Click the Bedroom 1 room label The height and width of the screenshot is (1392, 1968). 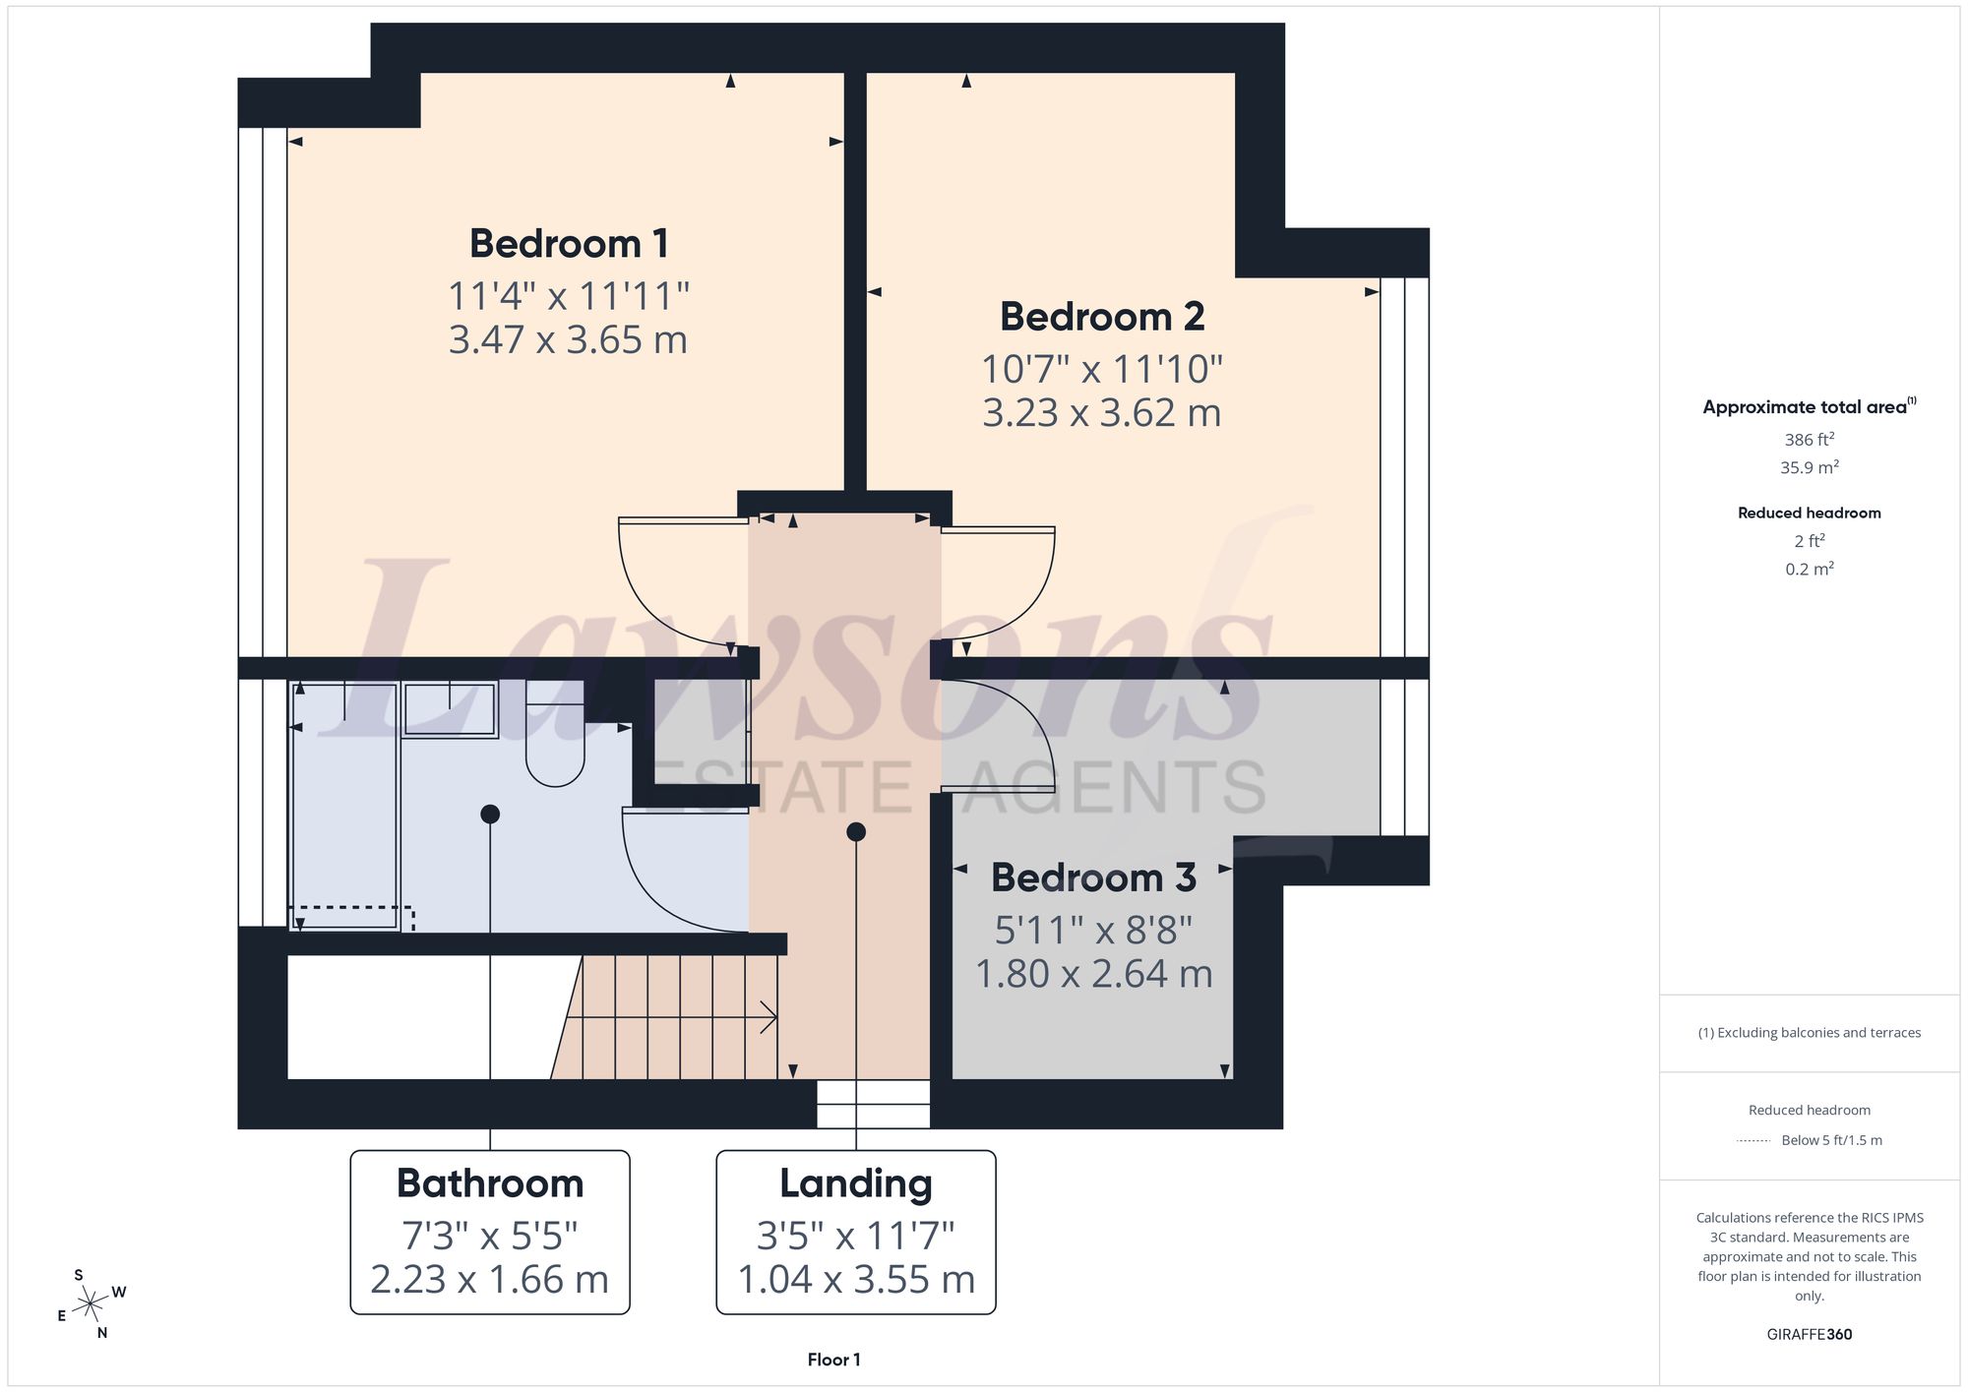click(569, 243)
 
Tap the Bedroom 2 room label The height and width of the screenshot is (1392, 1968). click(1102, 316)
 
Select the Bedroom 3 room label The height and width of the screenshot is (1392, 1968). click(1093, 877)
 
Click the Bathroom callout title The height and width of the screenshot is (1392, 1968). click(490, 1182)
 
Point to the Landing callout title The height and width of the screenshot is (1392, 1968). click(856, 1182)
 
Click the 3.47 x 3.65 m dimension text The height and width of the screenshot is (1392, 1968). click(568, 339)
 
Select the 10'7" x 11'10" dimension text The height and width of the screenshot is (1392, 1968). click(1102, 369)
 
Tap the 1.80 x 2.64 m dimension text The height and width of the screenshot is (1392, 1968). click(1093, 974)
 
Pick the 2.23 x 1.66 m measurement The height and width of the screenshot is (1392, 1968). click(490, 1279)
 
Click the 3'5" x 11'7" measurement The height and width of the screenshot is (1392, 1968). click(856, 1235)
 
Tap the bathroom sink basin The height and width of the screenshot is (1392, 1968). click(450, 709)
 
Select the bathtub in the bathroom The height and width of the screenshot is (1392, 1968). click(344, 806)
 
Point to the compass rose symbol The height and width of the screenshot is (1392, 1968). click(91, 1304)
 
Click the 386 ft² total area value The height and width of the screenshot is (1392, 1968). click(1810, 439)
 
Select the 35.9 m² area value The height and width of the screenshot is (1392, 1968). click(1810, 467)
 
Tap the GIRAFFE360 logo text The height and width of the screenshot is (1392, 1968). click(1810, 1334)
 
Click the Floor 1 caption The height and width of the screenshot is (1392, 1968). click(833, 1360)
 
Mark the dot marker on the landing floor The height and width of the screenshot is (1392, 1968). click(856, 832)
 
